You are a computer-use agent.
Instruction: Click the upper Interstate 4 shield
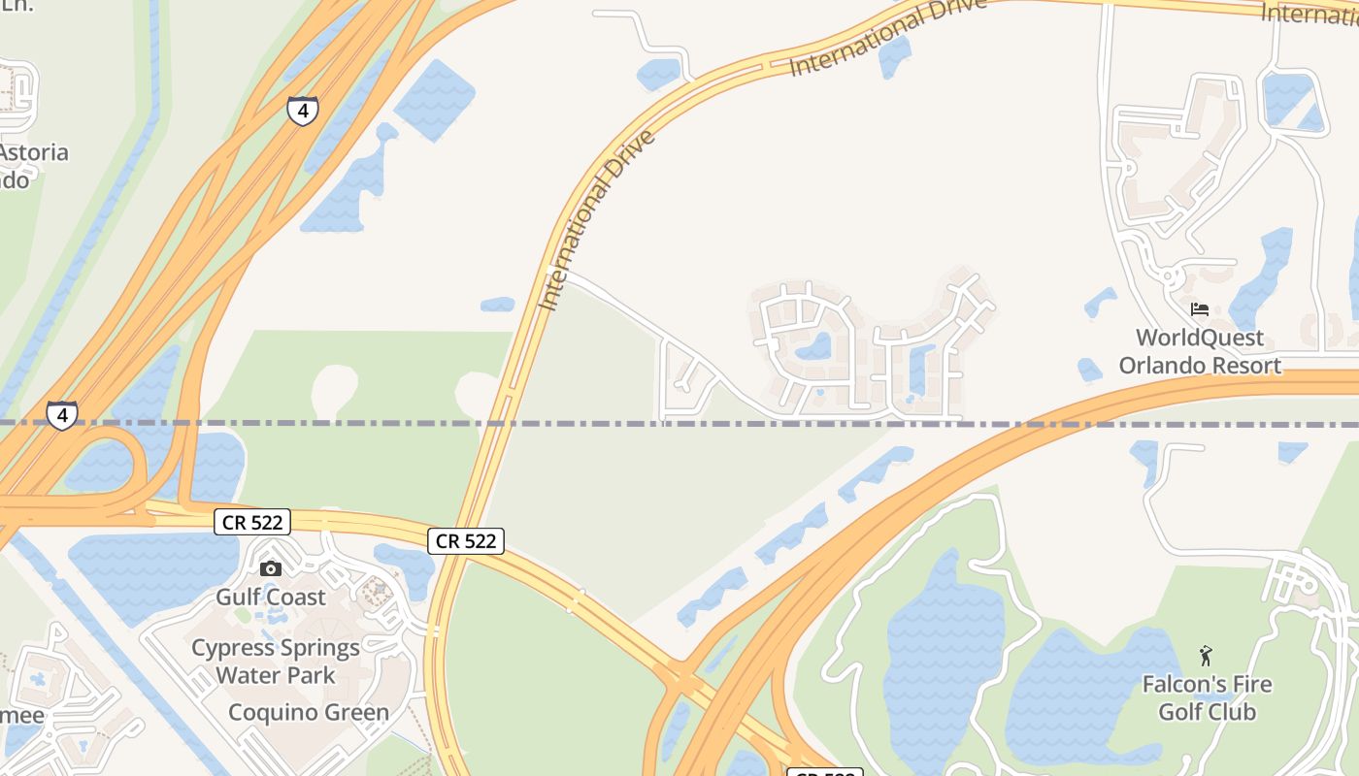pos(303,111)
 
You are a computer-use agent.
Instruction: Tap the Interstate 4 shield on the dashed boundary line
pos(61,416)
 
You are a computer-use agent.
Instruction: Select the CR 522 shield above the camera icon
pos(252,523)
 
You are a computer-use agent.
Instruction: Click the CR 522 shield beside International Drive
pos(466,541)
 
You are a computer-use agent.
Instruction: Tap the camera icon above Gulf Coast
pos(271,568)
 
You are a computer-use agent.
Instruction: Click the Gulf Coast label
pos(271,596)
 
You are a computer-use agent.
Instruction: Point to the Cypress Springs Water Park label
pos(276,662)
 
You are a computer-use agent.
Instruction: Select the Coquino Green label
pos(309,712)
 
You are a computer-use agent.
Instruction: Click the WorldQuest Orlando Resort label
pos(1201,351)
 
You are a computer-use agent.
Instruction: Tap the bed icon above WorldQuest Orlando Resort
pos(1200,309)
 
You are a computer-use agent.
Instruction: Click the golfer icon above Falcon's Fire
pos(1206,656)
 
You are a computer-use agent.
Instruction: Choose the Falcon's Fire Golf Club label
pos(1207,698)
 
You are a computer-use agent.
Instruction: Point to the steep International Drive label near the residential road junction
pos(597,219)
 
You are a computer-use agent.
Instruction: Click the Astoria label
pos(34,152)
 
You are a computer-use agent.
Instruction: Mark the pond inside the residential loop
pos(813,346)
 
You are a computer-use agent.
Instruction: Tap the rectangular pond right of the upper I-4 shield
pos(434,100)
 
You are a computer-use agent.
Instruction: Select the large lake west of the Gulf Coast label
pos(155,572)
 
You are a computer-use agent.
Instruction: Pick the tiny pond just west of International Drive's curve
pos(497,305)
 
